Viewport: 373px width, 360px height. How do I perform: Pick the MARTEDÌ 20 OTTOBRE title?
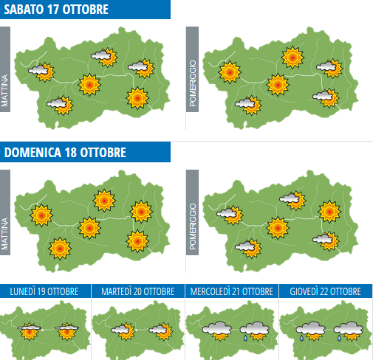coord(139,291)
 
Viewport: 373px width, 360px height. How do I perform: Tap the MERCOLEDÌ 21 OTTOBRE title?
coord(232,291)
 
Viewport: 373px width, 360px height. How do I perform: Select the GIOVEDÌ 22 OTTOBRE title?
coord(326,291)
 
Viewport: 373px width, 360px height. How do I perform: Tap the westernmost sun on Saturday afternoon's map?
coord(230,71)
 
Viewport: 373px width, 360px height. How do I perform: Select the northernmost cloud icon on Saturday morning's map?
coord(103,55)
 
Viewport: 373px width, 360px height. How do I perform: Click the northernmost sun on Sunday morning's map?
coord(104,199)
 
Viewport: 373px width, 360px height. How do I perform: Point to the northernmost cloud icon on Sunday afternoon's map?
coord(292,198)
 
